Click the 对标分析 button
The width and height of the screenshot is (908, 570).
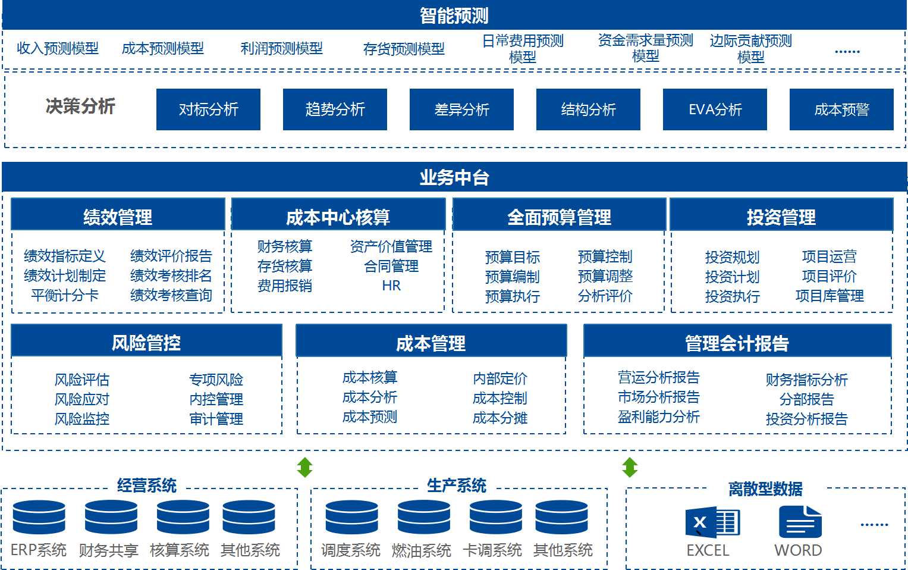208,109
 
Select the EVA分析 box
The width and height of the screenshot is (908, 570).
715,109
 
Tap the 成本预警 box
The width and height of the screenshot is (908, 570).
841,109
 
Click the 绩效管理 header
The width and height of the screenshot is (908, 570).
118,217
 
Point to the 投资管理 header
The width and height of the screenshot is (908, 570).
781,217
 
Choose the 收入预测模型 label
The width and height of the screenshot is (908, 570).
58,48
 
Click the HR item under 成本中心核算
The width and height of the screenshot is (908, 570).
391,286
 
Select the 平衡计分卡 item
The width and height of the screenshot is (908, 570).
65,295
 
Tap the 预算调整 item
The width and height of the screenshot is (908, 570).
605,276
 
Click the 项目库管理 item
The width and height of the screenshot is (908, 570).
830,296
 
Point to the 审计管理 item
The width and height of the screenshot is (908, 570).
216,419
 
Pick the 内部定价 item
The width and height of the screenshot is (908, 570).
500,378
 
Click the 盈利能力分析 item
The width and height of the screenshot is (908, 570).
659,416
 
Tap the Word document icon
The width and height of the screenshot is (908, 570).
800,522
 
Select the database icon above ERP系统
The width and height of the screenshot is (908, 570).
39,517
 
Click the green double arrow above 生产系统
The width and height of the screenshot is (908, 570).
304,468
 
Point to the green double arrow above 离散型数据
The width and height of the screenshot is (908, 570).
630,468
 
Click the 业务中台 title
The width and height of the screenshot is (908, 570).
454,177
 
